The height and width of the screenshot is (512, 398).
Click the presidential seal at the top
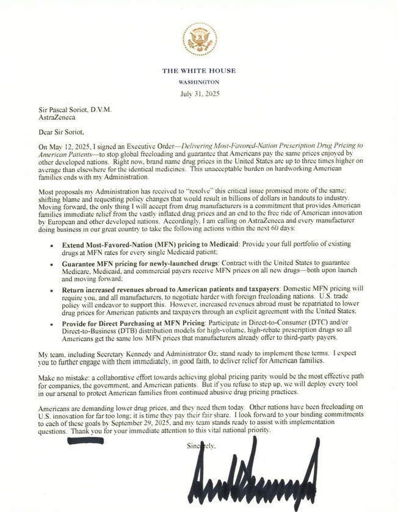(x=198, y=40)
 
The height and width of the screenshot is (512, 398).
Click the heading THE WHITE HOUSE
(x=199, y=71)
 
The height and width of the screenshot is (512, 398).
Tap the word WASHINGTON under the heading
(x=199, y=82)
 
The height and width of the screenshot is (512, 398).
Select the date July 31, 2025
(x=200, y=93)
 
